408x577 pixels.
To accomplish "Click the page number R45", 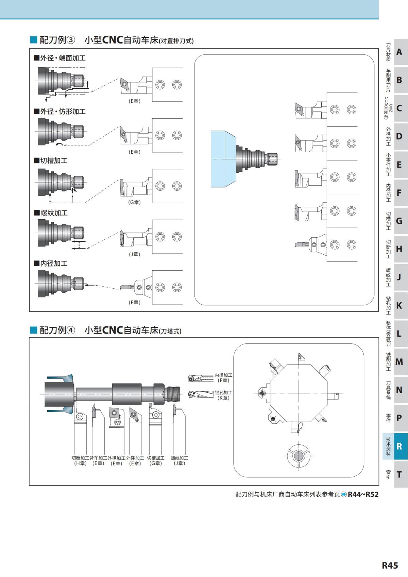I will (390, 565).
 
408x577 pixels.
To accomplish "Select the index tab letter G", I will (399, 221).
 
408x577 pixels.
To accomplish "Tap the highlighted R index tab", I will (399, 446).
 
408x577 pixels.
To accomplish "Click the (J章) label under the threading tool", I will (134, 254).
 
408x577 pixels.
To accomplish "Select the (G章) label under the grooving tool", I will (134, 202).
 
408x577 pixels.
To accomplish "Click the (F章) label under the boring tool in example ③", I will (134, 302).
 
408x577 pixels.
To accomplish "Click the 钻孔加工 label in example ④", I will (223, 392).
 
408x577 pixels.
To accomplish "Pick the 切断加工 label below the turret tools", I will (80, 458).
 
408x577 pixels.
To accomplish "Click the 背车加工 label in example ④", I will (98, 458).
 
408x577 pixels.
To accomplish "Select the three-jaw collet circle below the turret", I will (298, 456).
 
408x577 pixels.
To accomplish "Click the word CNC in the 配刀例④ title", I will (112, 330).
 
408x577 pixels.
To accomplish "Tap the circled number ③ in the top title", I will (71, 40).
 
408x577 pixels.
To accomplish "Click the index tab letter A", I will (399, 52).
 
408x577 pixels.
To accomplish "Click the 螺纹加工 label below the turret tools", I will (179, 458).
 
